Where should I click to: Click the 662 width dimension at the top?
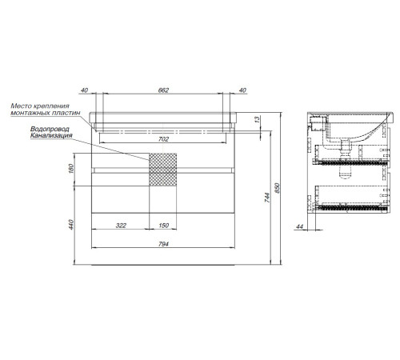163,90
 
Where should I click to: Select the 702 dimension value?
163,139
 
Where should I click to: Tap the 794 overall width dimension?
163,244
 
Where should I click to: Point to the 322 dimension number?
121,226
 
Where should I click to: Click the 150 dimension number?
163,226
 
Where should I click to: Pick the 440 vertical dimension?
70,225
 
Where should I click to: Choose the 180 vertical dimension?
70,169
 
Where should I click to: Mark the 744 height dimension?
267,198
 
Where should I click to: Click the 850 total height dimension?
277,188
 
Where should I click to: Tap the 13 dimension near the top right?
257,119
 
